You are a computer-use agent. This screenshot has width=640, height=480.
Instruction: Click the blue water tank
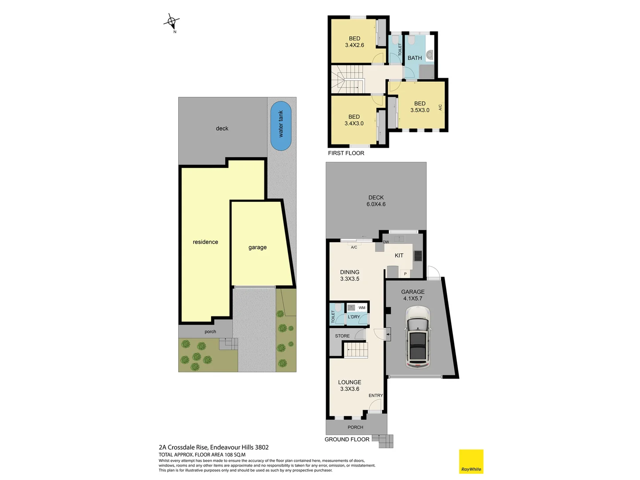pyautogui.click(x=281, y=126)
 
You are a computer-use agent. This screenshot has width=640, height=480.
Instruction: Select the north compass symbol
pyautogui.click(x=172, y=21)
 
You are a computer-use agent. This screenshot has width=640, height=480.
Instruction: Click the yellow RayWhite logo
pyautogui.click(x=471, y=461)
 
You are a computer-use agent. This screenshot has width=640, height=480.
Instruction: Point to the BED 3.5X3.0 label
pyautogui.click(x=420, y=107)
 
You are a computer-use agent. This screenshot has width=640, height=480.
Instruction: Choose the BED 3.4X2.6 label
pyautogui.click(x=355, y=42)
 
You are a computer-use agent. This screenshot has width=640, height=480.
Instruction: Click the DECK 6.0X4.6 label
pyautogui.click(x=376, y=201)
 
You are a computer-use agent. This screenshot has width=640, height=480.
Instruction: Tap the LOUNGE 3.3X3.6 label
pyautogui.click(x=350, y=385)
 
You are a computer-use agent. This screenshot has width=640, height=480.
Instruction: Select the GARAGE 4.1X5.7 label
pyautogui.click(x=413, y=295)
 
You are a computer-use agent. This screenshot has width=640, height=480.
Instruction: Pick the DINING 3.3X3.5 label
pyautogui.click(x=350, y=276)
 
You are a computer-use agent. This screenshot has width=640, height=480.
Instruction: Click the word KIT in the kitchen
pyautogui.click(x=399, y=256)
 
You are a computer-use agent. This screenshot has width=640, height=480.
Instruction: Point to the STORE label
pyautogui.click(x=342, y=336)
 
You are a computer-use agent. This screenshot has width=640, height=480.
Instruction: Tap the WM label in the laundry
pyautogui.click(x=362, y=308)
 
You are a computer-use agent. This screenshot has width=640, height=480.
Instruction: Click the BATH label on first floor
pyautogui.click(x=415, y=58)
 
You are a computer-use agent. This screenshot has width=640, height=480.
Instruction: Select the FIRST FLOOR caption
pyautogui.click(x=346, y=153)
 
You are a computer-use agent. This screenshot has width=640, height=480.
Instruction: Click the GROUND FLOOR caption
pyautogui.click(x=347, y=439)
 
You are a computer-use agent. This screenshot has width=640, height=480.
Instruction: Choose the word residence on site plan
pyautogui.click(x=205, y=242)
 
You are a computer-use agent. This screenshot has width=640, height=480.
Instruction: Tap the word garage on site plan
pyautogui.click(x=258, y=248)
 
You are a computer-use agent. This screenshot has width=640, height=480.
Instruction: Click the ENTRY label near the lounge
pyautogui.click(x=376, y=396)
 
